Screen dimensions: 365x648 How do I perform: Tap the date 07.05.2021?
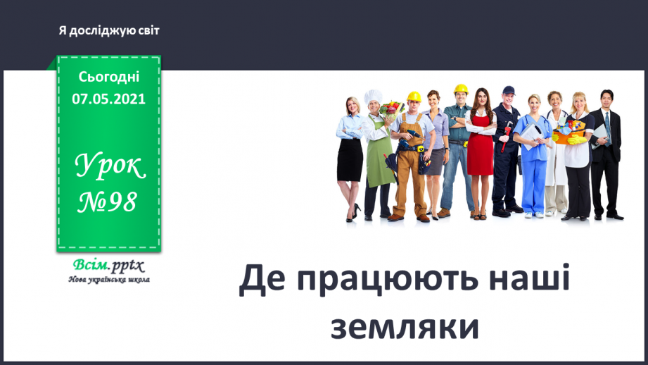108,99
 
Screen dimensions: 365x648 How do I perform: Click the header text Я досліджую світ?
110,31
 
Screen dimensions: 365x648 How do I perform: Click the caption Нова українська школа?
108,279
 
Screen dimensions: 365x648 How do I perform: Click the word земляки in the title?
405,328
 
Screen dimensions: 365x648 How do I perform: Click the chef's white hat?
373,97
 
